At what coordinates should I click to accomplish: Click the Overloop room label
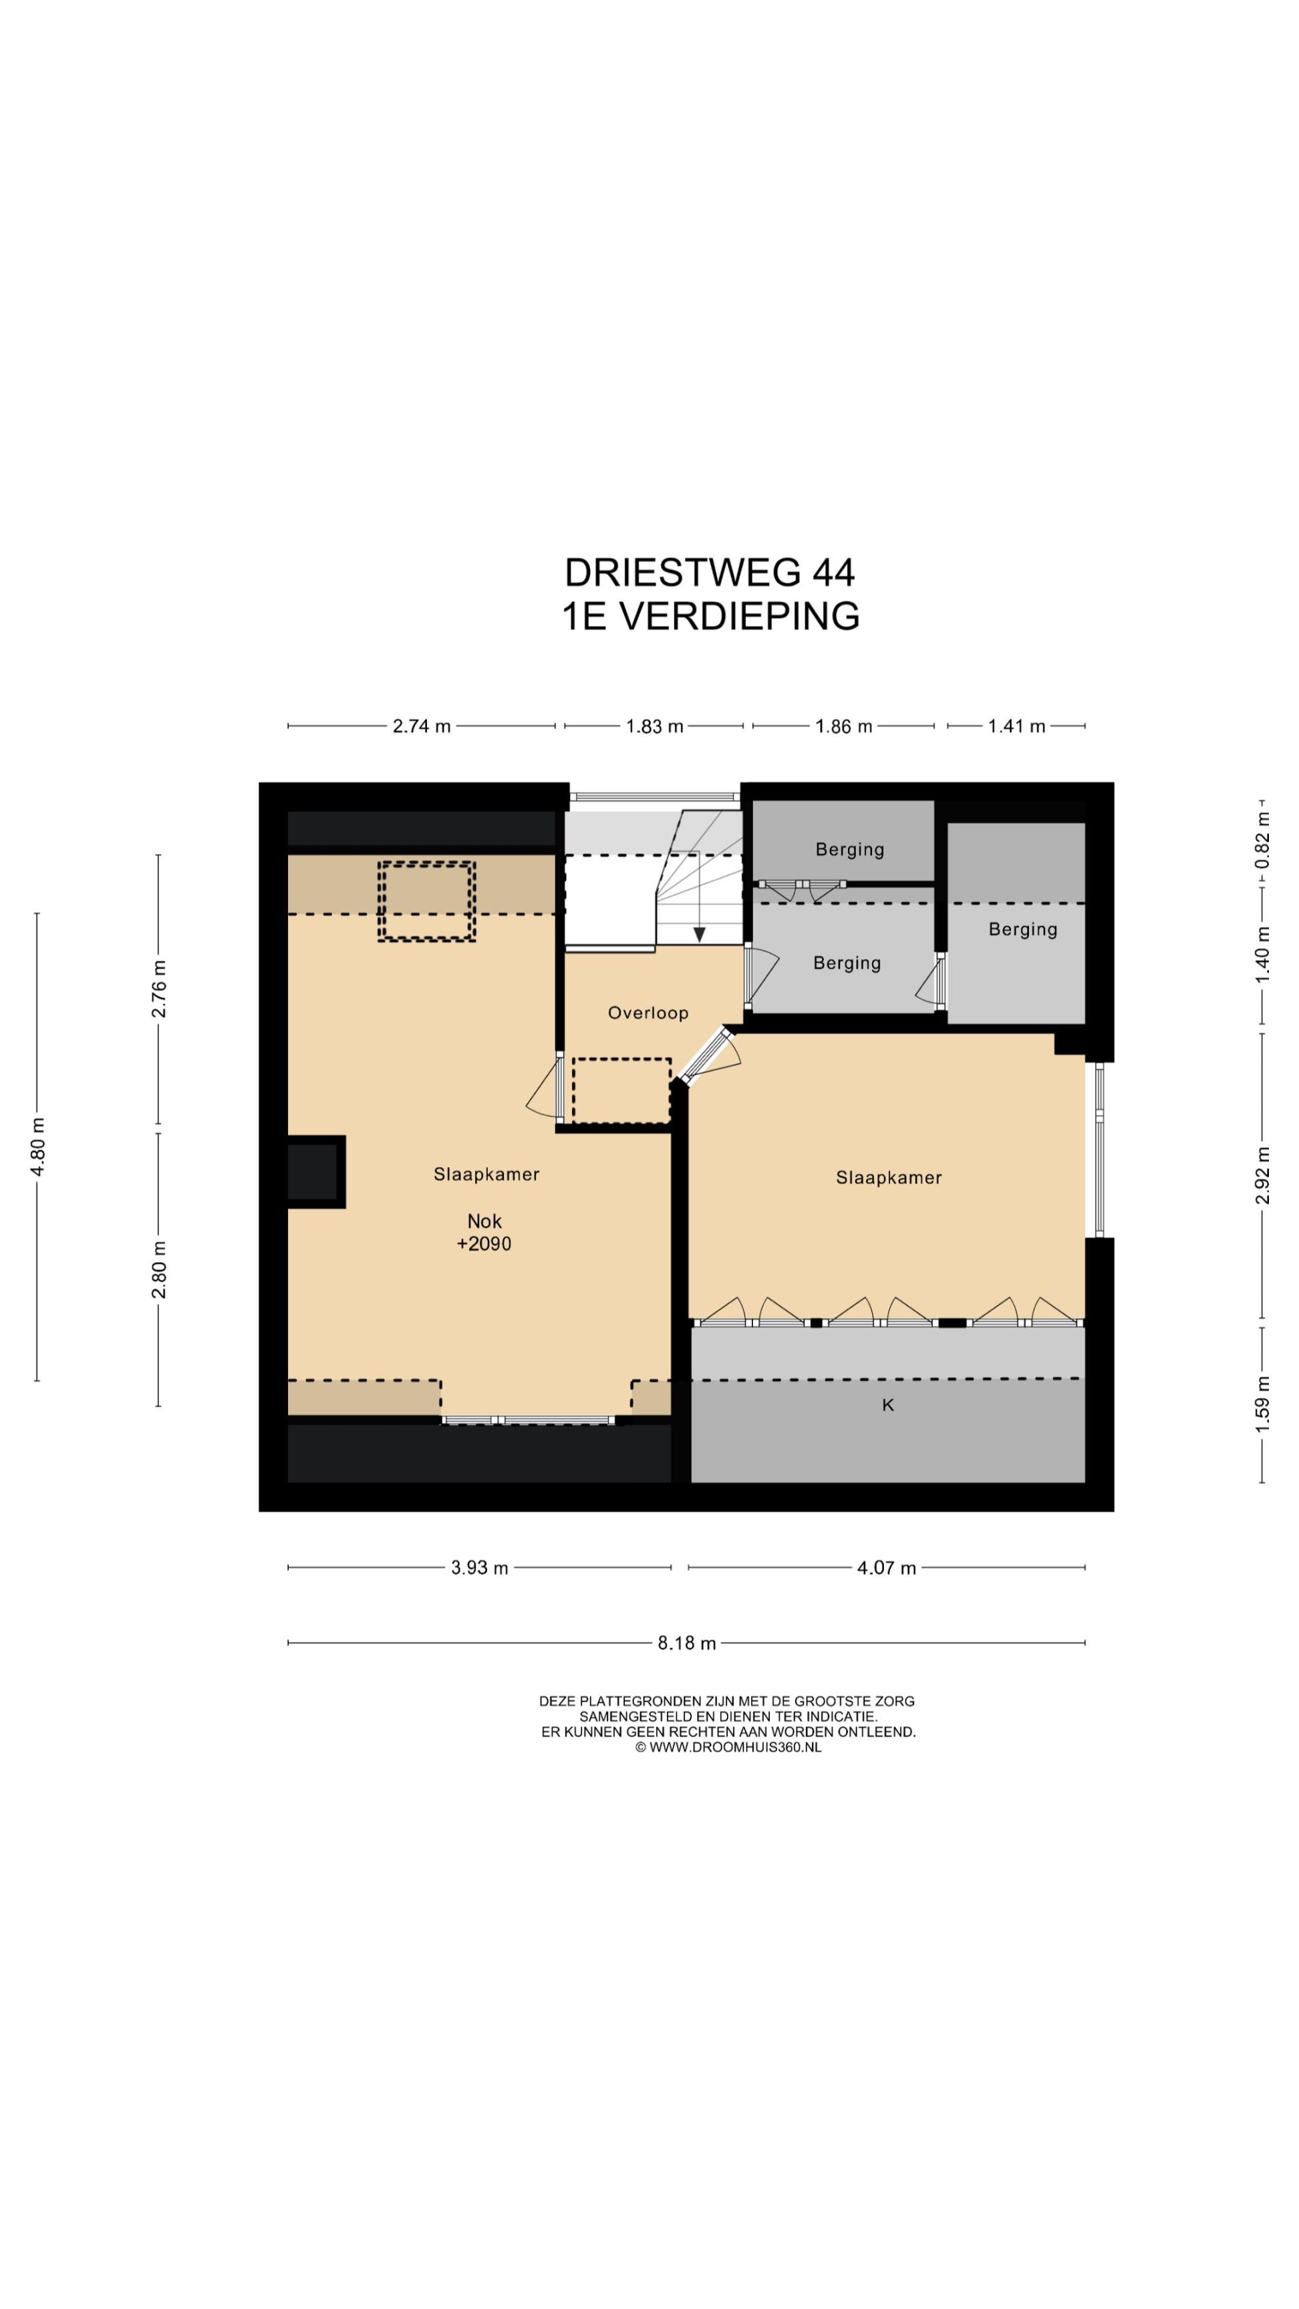tap(647, 1013)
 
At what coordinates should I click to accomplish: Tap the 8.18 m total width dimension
tap(687, 1643)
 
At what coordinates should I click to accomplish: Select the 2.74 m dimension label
tap(422, 726)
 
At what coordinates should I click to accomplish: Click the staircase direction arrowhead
tap(699, 935)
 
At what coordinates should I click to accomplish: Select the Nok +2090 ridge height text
tap(484, 1233)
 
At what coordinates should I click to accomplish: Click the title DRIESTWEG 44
tap(709, 572)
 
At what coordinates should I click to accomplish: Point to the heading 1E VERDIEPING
tap(710, 616)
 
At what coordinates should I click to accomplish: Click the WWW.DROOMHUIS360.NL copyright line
tap(728, 1747)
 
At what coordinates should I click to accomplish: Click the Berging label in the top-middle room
tap(849, 850)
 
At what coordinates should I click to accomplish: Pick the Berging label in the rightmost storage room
tap(1023, 929)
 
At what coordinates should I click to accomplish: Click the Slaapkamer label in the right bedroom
tap(889, 1178)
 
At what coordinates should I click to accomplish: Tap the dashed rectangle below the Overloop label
tap(621, 1090)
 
